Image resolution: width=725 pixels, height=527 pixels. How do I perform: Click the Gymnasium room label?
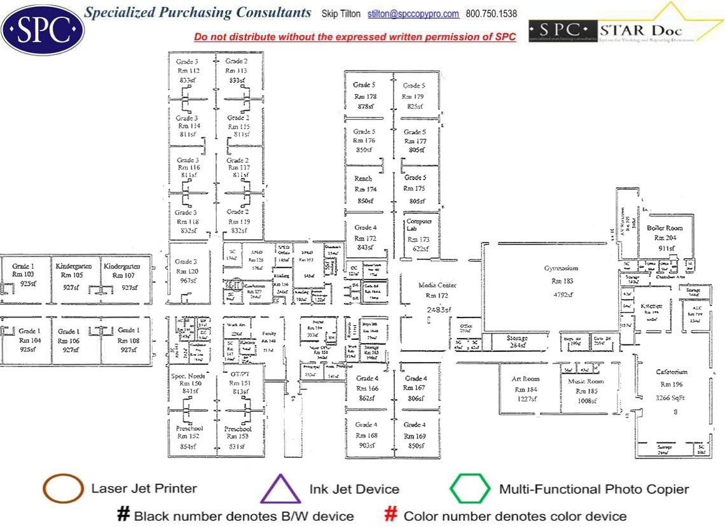pyautogui.click(x=560, y=269)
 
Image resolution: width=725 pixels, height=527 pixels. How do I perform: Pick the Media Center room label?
pyautogui.click(x=438, y=286)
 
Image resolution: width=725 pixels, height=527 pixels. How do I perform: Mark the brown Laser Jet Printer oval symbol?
pyautogui.click(x=63, y=489)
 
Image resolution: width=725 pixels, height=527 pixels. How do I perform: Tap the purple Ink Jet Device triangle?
pyautogui.click(x=280, y=489)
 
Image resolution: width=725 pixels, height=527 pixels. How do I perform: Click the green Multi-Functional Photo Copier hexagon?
pyautogui.click(x=470, y=489)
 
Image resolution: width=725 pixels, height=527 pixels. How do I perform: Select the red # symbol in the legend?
pyautogui.click(x=391, y=514)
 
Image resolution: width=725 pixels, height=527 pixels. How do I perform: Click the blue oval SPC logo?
pyautogui.click(x=42, y=29)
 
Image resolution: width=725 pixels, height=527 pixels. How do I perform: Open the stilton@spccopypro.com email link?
pyautogui.click(x=422, y=14)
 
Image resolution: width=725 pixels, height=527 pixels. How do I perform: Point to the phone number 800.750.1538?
pyautogui.click(x=491, y=14)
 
